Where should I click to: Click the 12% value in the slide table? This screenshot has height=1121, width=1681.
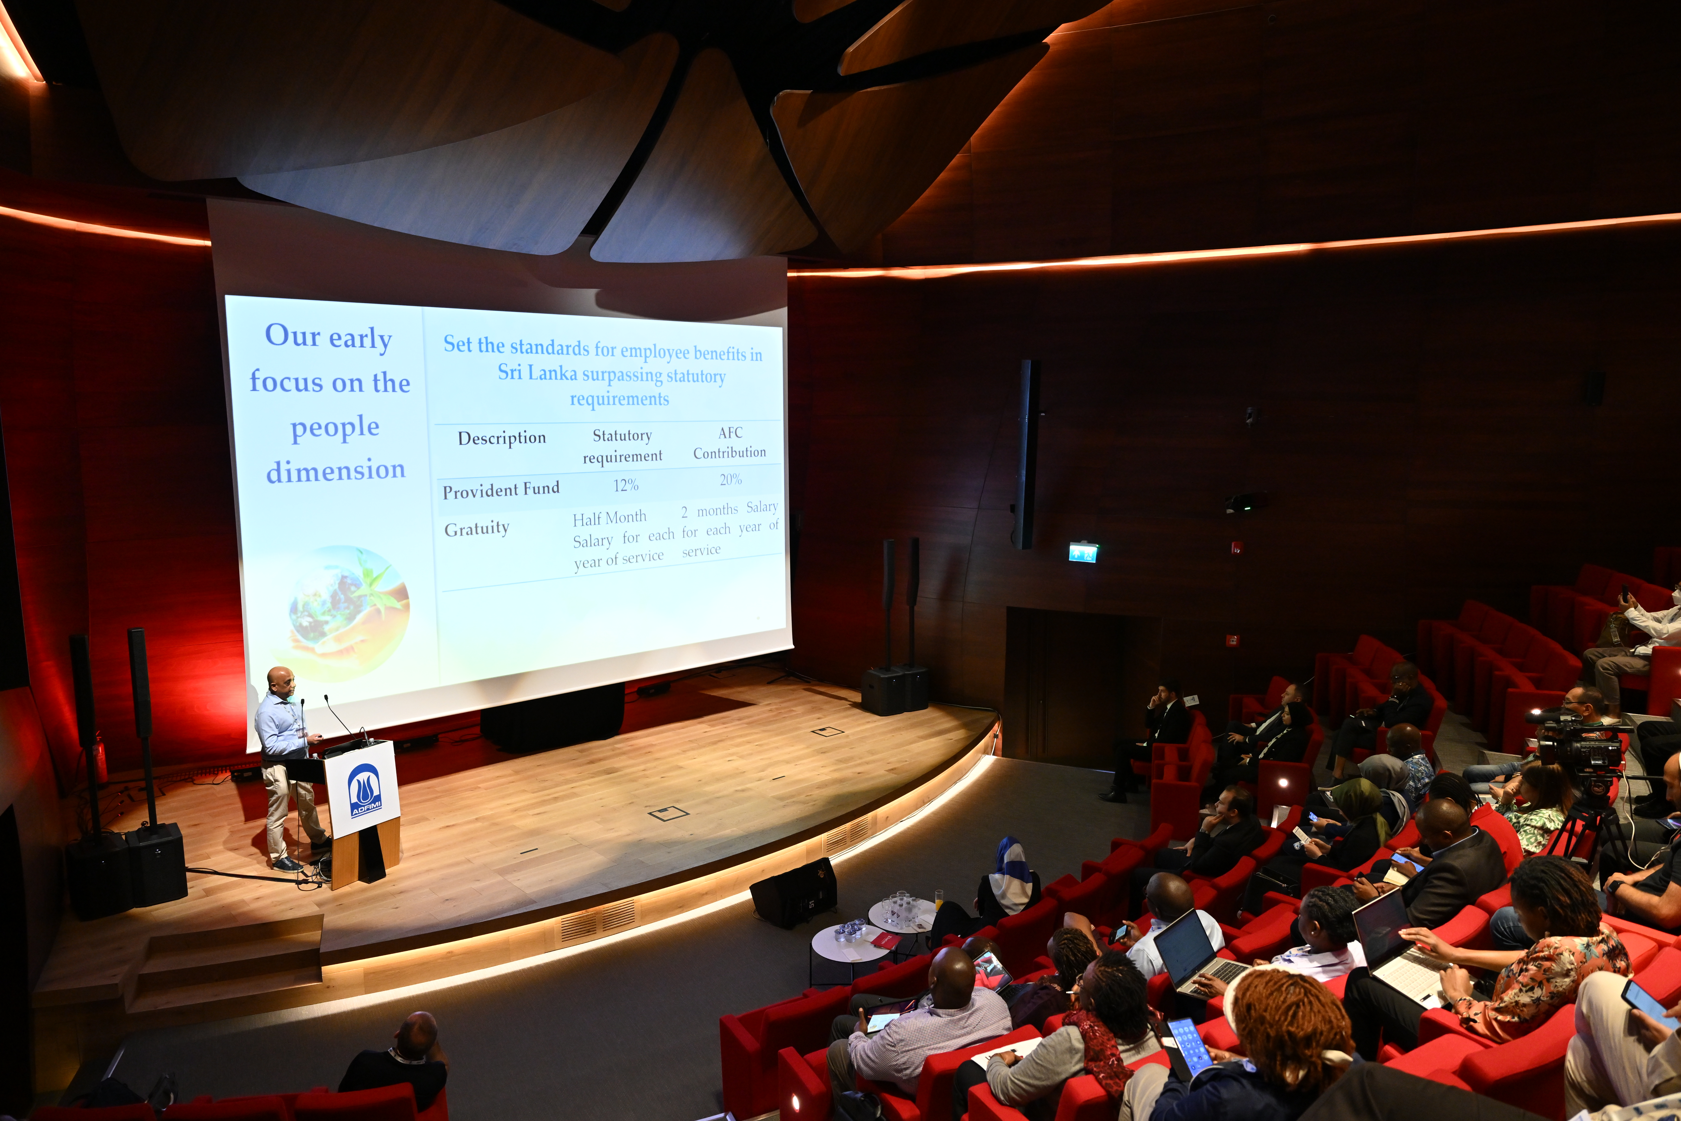(625, 486)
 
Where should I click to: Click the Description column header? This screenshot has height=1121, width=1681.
(502, 437)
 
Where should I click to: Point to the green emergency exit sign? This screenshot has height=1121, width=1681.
(1083, 552)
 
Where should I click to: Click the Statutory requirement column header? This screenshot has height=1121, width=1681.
(623, 445)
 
